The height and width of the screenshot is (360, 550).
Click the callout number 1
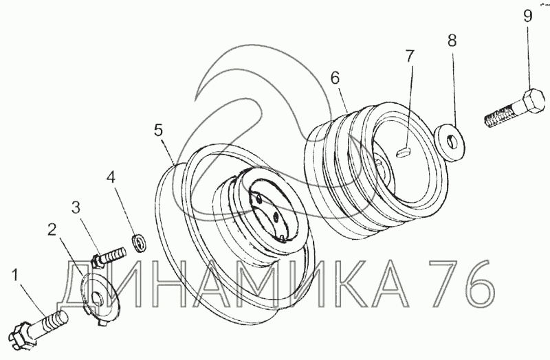[14, 275]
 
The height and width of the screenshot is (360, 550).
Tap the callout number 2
[52, 230]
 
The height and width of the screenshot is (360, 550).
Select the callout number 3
[76, 207]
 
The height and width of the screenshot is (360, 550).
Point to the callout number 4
[111, 177]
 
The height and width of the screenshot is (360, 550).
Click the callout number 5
[159, 131]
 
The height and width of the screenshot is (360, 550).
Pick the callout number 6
[335, 78]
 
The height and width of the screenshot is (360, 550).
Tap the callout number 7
[410, 56]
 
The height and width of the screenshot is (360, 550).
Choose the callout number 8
[452, 41]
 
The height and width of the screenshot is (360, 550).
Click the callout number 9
[528, 16]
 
